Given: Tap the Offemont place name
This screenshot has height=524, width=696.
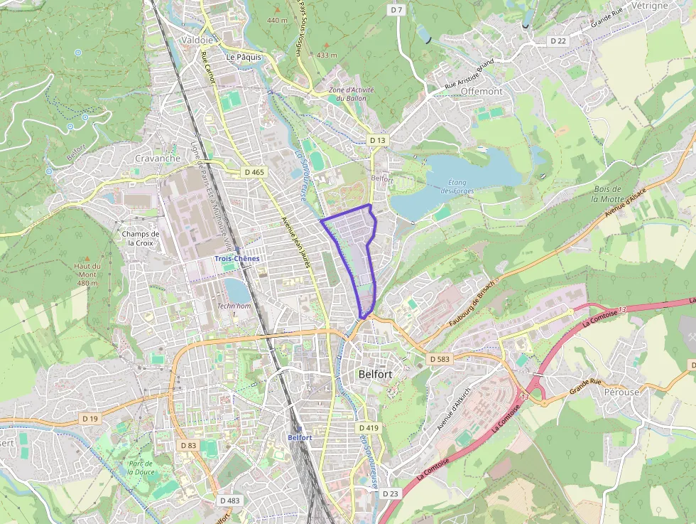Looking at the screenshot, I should tap(482, 92).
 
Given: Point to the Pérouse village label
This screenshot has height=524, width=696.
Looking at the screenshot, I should tap(621, 392).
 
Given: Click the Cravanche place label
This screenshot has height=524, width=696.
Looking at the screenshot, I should tap(158, 159).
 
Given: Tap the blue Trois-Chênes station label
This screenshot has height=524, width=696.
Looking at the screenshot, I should tap(237, 259).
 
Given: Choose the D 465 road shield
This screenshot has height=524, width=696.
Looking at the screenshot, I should tap(254, 172).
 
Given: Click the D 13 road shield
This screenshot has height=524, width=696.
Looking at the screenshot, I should tap(378, 141).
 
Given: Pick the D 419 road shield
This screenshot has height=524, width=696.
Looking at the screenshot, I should tap(369, 428).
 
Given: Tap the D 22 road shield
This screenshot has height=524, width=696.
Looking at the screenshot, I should tap(558, 41).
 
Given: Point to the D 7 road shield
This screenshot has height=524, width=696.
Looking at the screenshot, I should tap(397, 10).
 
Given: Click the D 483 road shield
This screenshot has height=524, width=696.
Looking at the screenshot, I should tap(229, 501).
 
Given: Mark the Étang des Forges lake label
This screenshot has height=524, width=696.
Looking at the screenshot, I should tap(456, 186).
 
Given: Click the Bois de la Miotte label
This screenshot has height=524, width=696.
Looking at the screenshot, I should tap(607, 193).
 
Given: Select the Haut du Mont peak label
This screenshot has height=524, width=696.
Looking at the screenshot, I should tap(87, 274).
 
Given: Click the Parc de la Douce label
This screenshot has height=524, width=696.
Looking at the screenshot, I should tap(141, 468).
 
